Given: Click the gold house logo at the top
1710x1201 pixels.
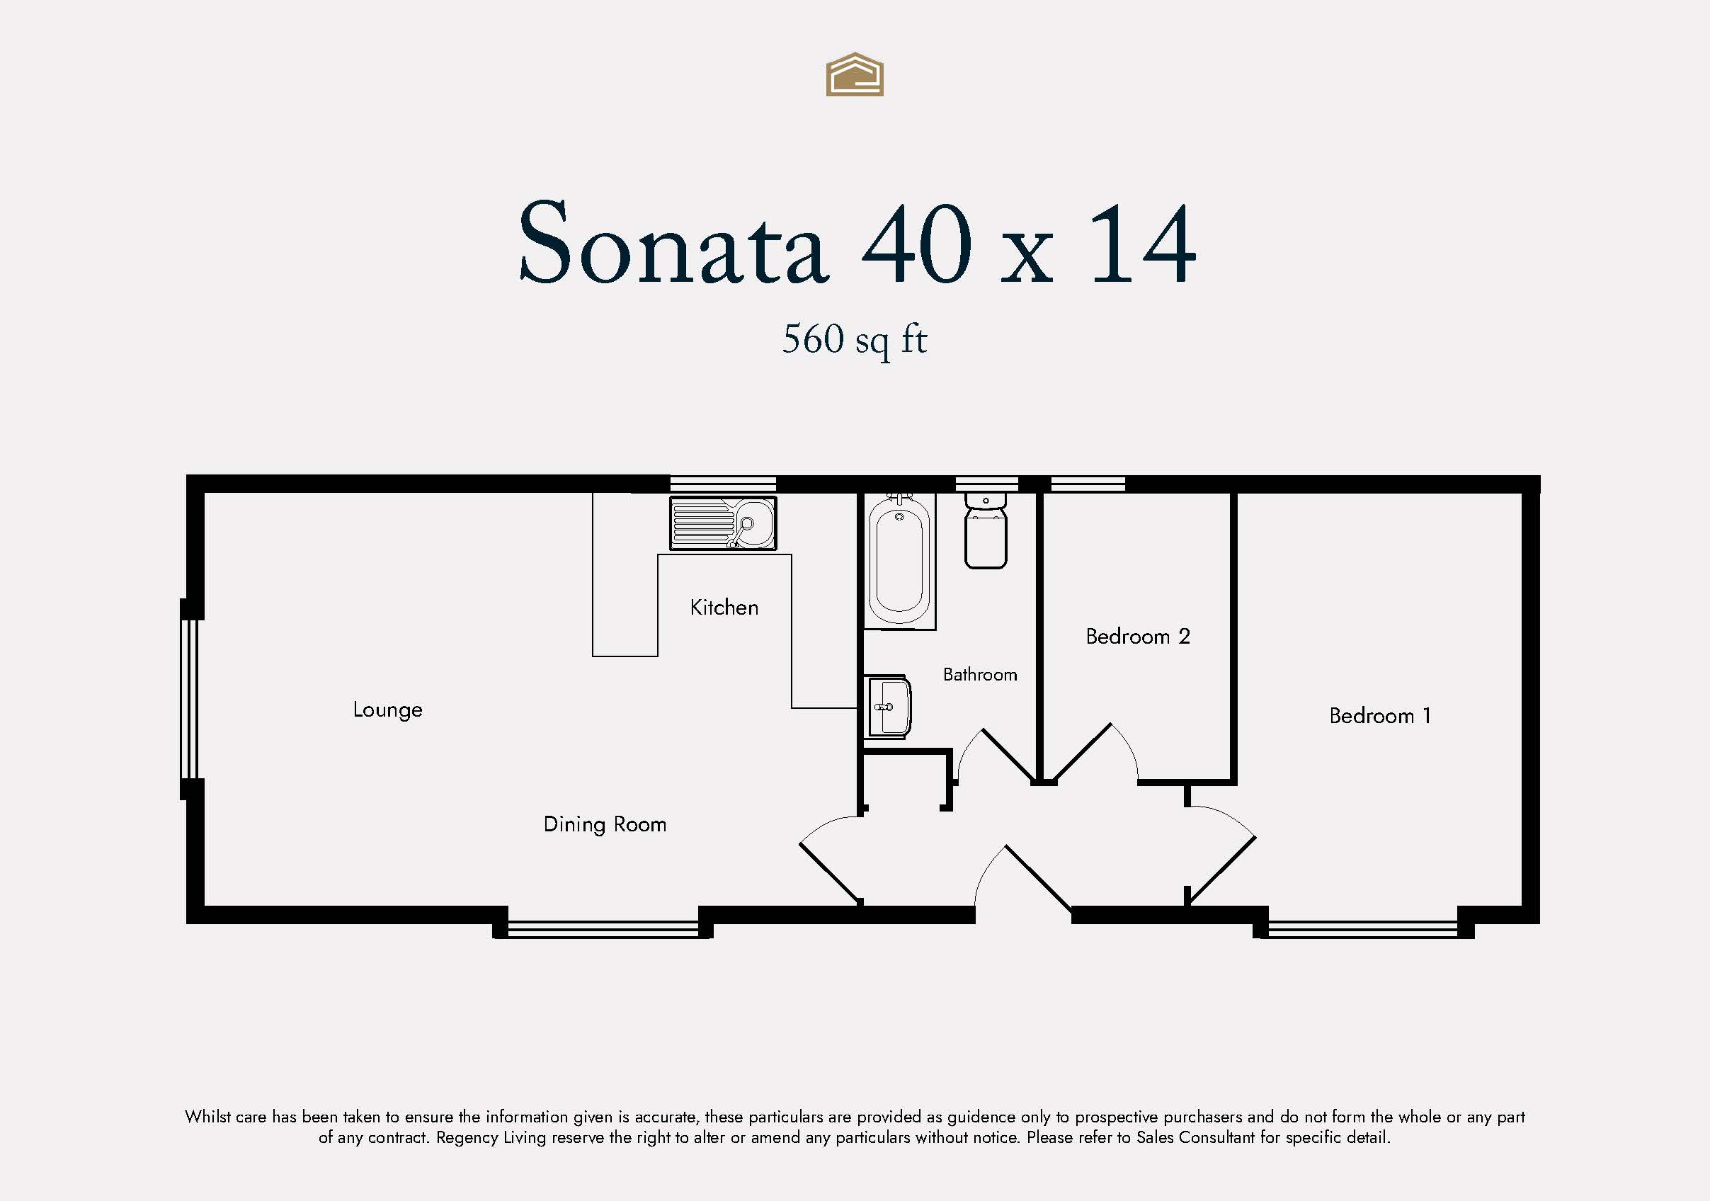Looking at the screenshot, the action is pos(854,74).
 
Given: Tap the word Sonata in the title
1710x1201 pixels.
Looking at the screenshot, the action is pos(673,242).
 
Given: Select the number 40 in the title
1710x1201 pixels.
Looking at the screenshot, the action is pos(917,244).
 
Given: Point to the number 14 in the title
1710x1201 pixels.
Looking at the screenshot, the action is pos(1143,244).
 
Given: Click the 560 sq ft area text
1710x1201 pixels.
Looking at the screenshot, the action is pos(854,341).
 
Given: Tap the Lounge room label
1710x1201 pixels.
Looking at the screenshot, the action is pos(387,710).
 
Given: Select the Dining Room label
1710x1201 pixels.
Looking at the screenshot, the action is pos(605,825).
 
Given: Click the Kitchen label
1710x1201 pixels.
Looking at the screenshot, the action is pos(724,607).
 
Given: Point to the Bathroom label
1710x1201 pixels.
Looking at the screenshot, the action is pos(979,674).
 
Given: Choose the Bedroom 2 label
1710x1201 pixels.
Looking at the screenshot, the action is pos(1137,637).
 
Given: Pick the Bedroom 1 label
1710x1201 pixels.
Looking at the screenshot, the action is pos(1379,716).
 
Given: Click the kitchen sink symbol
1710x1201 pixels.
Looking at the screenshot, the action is pos(722,524).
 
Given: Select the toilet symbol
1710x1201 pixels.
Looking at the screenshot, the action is pos(986,530).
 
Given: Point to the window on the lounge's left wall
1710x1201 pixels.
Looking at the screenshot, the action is pos(190,699).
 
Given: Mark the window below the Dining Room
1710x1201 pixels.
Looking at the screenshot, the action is pos(603,929).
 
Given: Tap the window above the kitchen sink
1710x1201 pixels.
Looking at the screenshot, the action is pos(722,484).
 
